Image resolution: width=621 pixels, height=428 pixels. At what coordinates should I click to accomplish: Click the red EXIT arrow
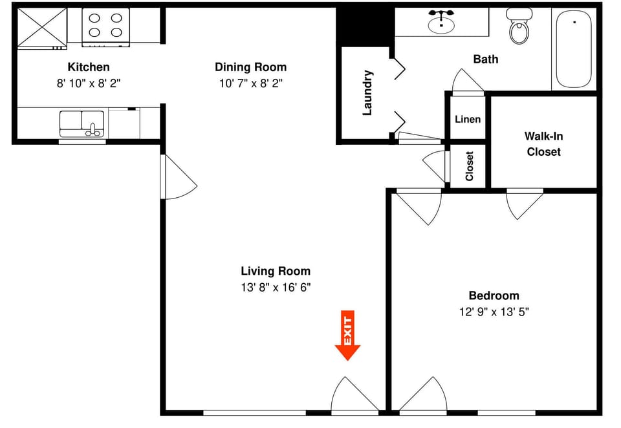pos(347,335)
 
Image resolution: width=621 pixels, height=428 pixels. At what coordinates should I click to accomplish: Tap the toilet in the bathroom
pos(519,26)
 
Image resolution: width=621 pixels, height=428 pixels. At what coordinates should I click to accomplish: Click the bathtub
pos(574,48)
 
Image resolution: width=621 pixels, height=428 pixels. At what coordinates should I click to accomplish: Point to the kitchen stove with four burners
pos(105,27)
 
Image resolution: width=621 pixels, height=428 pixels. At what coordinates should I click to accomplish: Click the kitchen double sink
pos(82,124)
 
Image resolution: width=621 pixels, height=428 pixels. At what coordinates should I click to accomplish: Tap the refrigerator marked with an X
pos(42,27)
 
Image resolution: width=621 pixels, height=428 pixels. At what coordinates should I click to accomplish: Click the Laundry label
pos(367,92)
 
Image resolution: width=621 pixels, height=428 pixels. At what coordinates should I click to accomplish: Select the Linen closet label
pos(468,119)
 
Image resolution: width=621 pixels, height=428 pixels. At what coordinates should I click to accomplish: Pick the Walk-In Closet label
pos(544,144)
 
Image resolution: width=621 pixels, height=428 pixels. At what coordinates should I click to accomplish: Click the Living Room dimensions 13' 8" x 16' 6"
pos(276,287)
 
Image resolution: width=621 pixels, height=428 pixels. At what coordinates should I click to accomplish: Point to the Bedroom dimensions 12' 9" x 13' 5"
pos(494,312)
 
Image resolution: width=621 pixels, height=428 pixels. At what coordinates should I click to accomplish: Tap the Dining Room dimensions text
pos(251,83)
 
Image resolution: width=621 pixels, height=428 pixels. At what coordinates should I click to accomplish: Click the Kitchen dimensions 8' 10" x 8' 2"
pos(89,83)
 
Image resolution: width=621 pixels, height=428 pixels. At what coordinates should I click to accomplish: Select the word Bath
pos(486,59)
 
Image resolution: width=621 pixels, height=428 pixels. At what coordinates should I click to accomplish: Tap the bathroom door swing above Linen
pos(468,82)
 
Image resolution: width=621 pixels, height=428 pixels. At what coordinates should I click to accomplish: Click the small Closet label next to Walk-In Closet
pos(470,166)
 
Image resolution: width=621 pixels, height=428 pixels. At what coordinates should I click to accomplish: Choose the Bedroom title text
pos(494,295)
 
